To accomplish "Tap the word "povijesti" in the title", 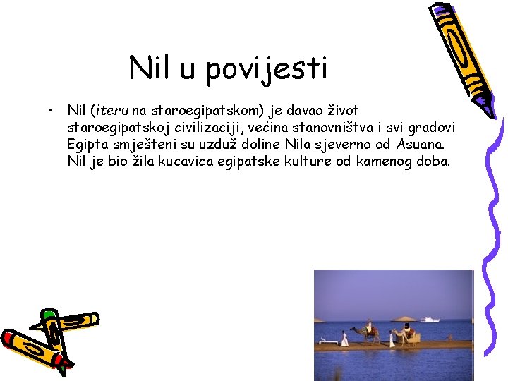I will coord(269,70).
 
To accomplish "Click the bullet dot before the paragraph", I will coord(52,111).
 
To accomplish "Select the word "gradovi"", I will coord(431,128).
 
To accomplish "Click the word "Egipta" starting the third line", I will coord(85,145).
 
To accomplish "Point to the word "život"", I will coord(341,111).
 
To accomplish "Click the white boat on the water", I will coord(430,319).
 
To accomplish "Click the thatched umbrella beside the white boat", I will coord(404,318).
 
